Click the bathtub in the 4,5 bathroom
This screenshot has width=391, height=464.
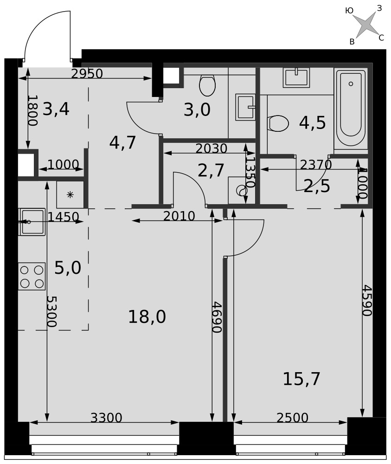point(351,108)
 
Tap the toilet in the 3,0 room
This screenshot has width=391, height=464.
point(207,85)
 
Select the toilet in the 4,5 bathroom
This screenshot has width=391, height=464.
point(278,123)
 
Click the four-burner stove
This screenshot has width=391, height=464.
point(32,276)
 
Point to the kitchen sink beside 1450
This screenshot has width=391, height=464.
point(32,222)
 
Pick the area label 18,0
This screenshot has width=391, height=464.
point(147,317)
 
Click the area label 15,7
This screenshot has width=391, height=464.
point(301,379)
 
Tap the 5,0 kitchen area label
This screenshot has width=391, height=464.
point(68,268)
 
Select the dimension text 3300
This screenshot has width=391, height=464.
point(106,418)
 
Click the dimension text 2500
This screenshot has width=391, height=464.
point(293,418)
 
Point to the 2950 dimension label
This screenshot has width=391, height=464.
point(87,74)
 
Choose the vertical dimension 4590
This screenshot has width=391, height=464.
point(367,300)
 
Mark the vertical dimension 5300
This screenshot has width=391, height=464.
point(51,312)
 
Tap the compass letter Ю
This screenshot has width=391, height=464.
point(349,11)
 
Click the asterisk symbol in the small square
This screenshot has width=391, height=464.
point(70,195)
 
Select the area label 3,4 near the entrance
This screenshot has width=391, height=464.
point(56,109)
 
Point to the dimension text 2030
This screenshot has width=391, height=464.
point(211,148)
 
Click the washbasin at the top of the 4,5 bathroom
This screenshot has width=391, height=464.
point(296,77)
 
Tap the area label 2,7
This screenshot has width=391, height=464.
point(211,171)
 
